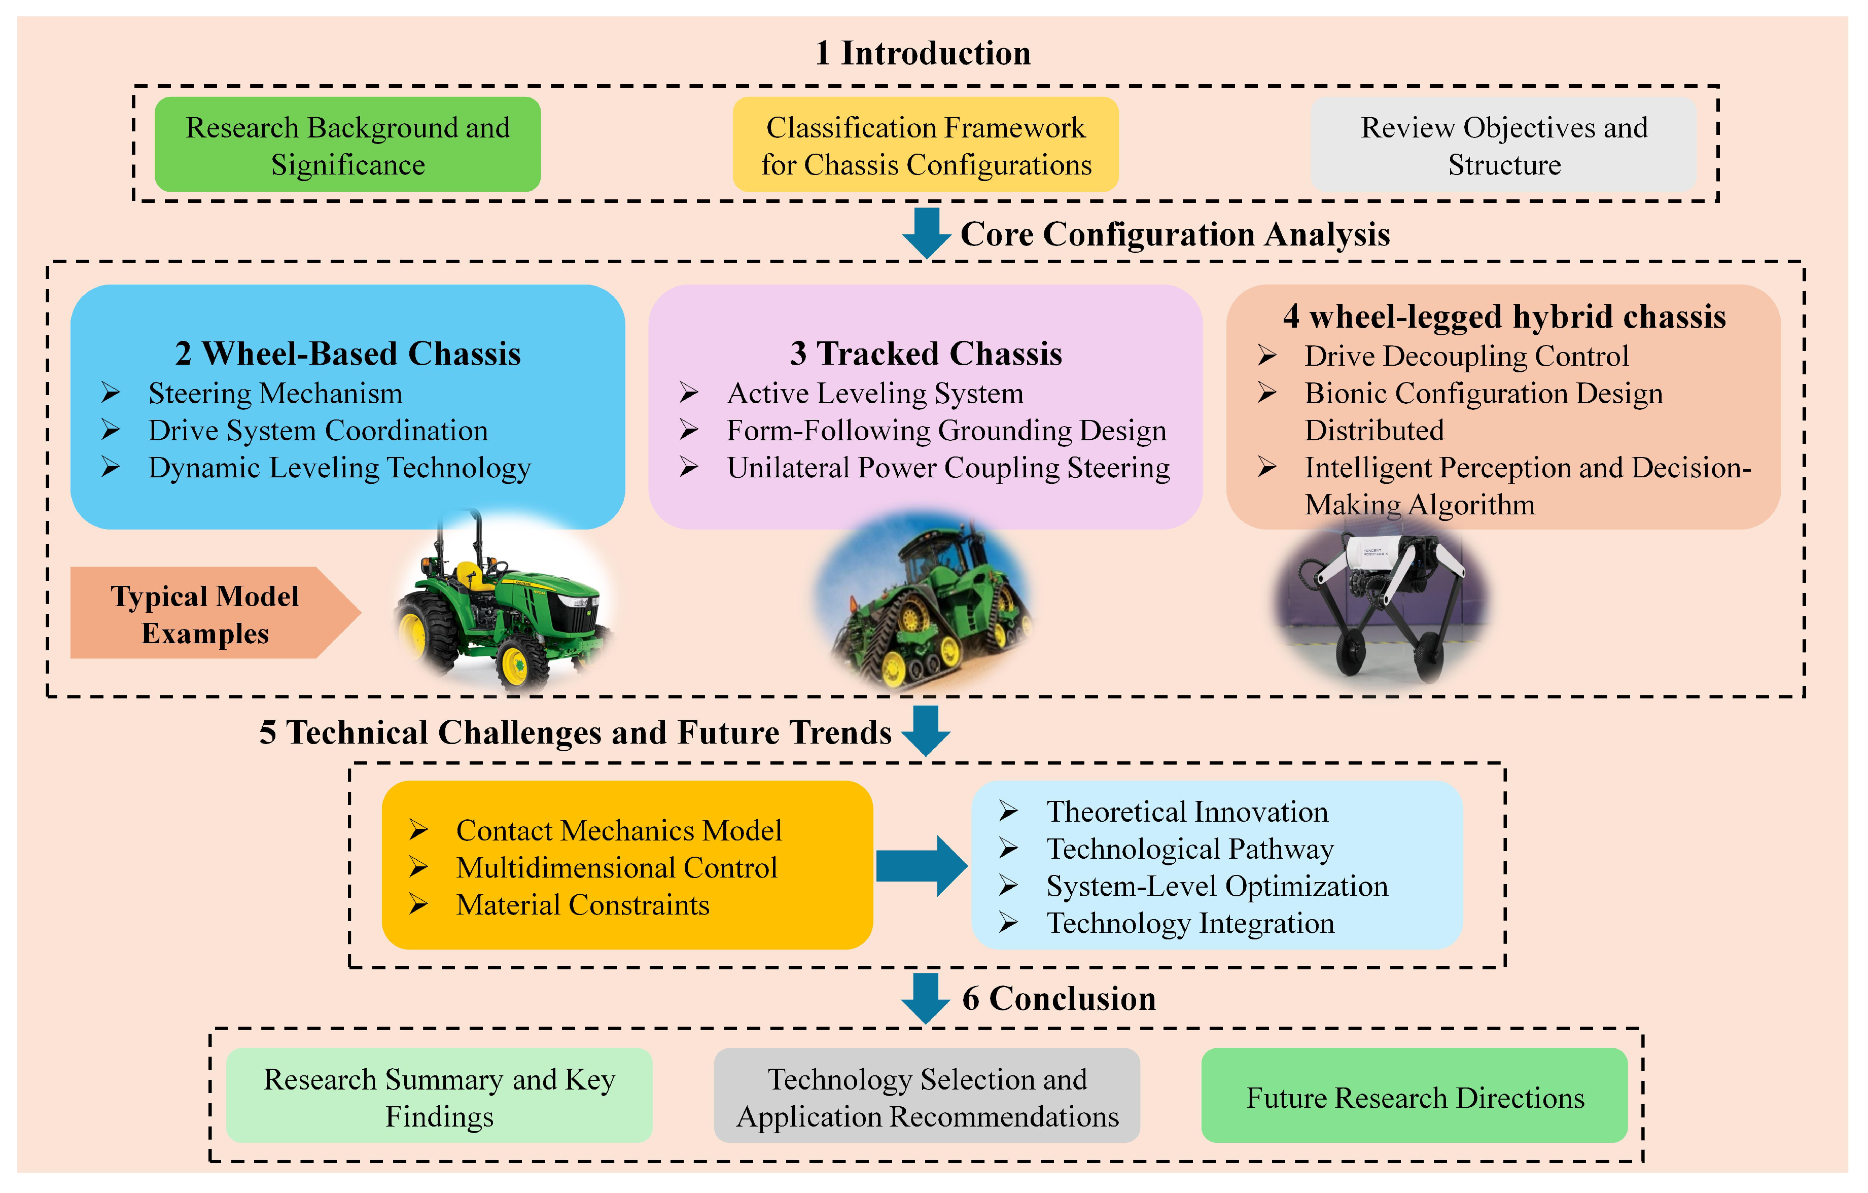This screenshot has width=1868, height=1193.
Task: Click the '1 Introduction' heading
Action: [x=923, y=54]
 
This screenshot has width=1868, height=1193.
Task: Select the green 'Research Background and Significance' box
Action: [x=347, y=145]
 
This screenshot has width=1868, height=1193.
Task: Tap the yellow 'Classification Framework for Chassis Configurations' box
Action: [x=926, y=145]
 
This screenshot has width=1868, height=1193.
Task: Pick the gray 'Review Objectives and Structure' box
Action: [x=1503, y=145]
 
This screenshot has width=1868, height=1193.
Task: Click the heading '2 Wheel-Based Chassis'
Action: [x=347, y=354]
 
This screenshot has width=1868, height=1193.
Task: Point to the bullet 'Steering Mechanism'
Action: [x=275, y=394]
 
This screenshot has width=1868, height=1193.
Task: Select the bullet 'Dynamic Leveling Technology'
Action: [x=339, y=469]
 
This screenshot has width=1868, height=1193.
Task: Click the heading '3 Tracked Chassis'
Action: [x=926, y=354]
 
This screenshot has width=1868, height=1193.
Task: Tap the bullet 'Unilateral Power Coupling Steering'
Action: [x=948, y=469]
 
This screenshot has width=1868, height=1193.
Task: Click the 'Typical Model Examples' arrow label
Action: [x=205, y=614]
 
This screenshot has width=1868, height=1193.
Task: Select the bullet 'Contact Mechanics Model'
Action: [x=618, y=831]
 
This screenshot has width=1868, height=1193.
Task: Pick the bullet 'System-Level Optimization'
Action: [x=1216, y=887]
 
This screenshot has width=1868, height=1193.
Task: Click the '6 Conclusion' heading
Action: [x=1058, y=999]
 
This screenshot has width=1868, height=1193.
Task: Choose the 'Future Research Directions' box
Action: [x=1414, y=1097]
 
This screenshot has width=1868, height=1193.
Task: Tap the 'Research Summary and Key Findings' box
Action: [x=439, y=1097]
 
